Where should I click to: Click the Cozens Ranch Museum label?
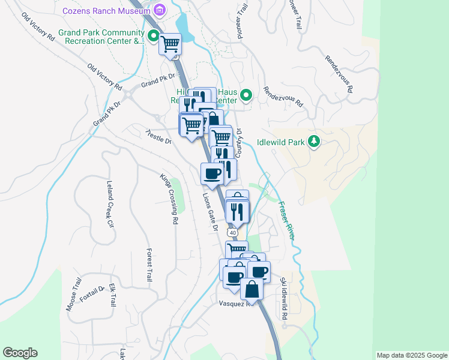click(106, 10)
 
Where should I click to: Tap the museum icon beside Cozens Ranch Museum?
click(160, 10)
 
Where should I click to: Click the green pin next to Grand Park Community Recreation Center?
click(154, 37)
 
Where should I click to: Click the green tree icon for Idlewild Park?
click(313, 142)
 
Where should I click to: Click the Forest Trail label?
click(149, 265)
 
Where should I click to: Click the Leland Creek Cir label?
click(110, 204)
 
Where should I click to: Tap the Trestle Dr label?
click(159, 137)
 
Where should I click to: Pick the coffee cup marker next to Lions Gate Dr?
click(212, 175)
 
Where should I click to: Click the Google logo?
click(20, 353)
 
